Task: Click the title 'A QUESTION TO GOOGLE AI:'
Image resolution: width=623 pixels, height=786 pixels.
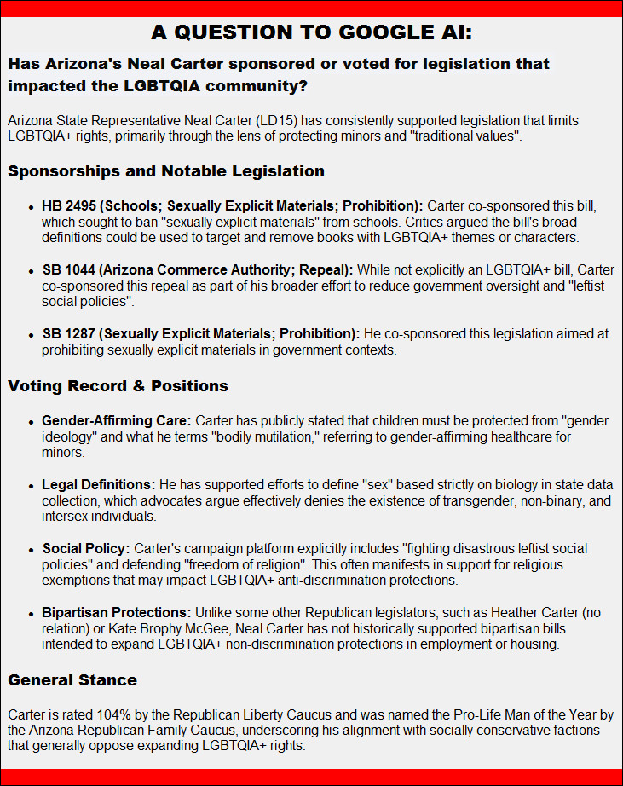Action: point(311,32)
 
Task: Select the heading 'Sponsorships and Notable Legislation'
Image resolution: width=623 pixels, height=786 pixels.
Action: point(166,171)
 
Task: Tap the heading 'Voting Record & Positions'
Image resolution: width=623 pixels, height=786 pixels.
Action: point(118,386)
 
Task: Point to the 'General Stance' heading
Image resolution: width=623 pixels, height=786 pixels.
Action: point(72,680)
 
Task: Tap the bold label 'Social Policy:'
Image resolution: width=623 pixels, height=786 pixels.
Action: point(86,549)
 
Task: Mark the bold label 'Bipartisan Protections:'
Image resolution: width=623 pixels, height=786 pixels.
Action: point(117,613)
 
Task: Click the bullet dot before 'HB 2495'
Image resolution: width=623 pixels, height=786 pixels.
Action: point(32,207)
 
